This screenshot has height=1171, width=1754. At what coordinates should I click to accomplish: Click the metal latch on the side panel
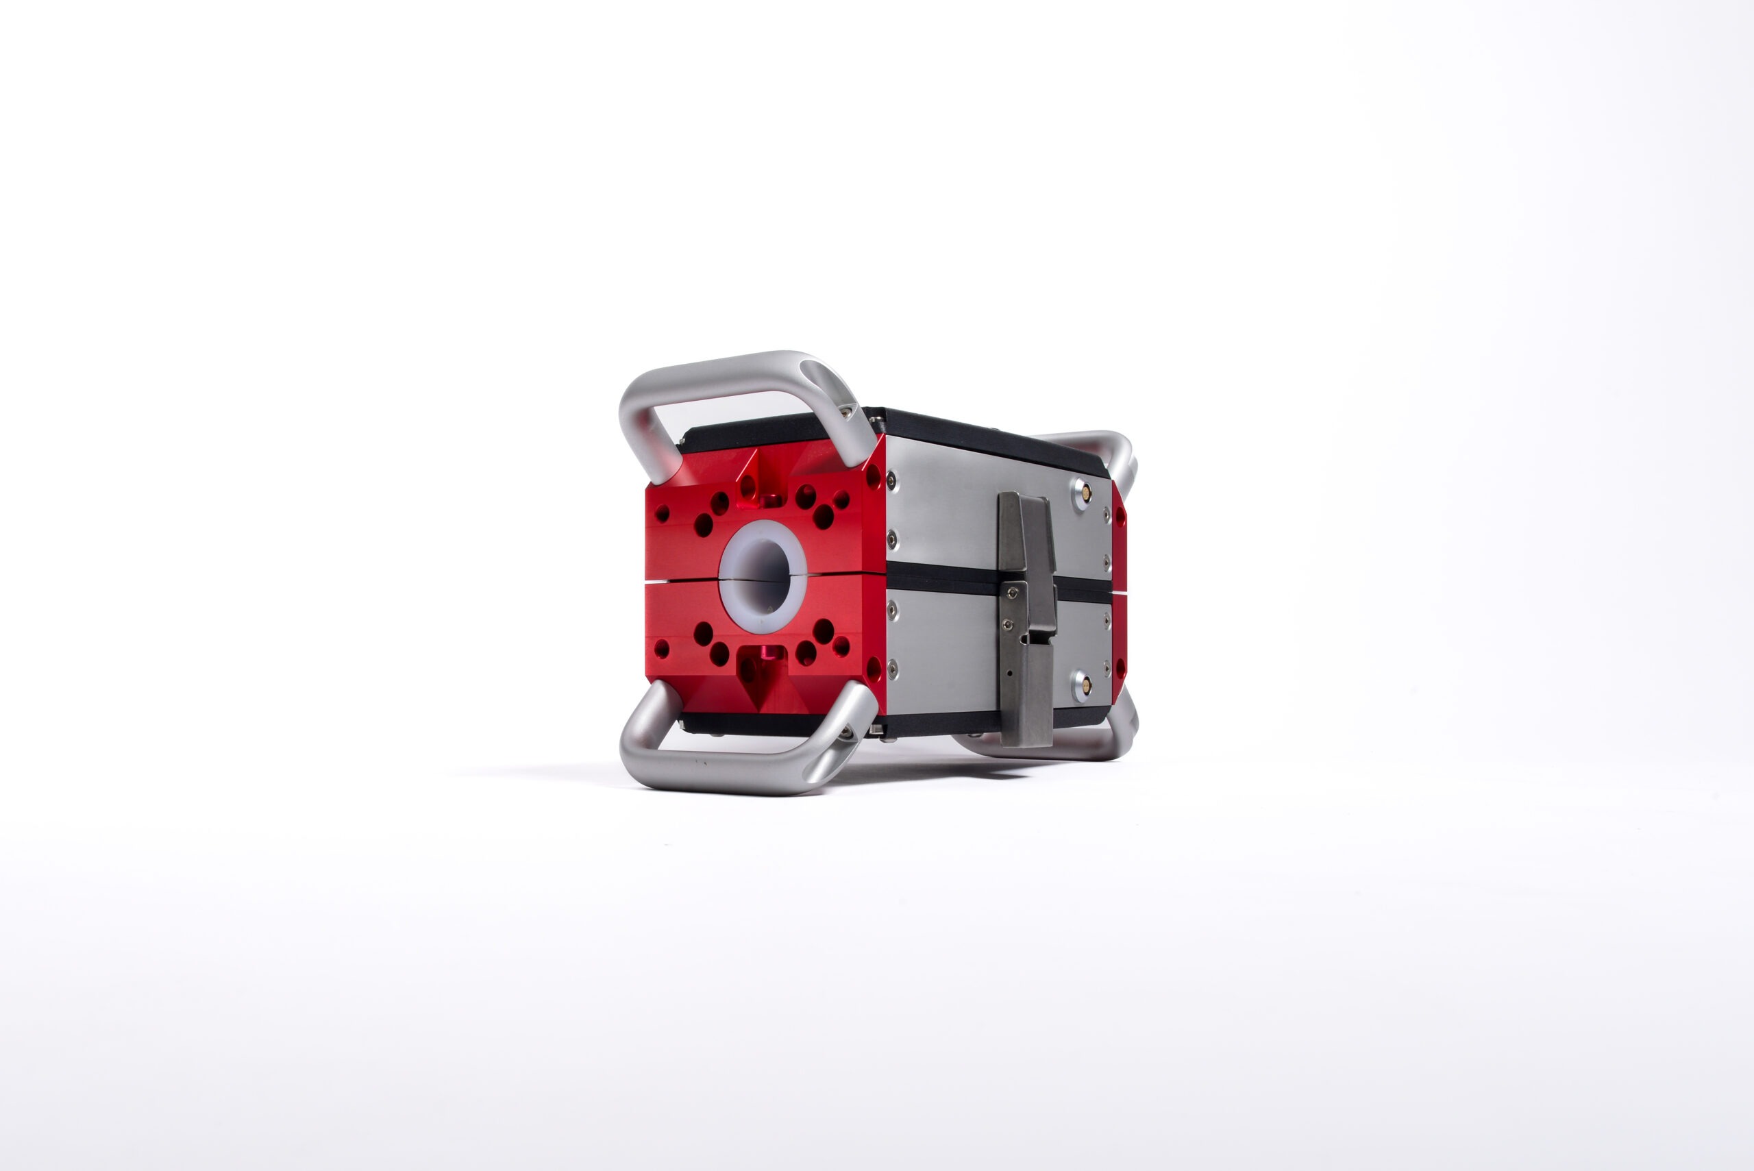(x=1028, y=620)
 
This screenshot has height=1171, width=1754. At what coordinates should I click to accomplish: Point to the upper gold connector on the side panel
(x=1086, y=492)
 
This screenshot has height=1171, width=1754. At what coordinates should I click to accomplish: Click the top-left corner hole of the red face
(x=662, y=514)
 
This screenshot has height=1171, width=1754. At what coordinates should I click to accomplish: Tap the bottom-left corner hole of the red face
(x=662, y=648)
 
